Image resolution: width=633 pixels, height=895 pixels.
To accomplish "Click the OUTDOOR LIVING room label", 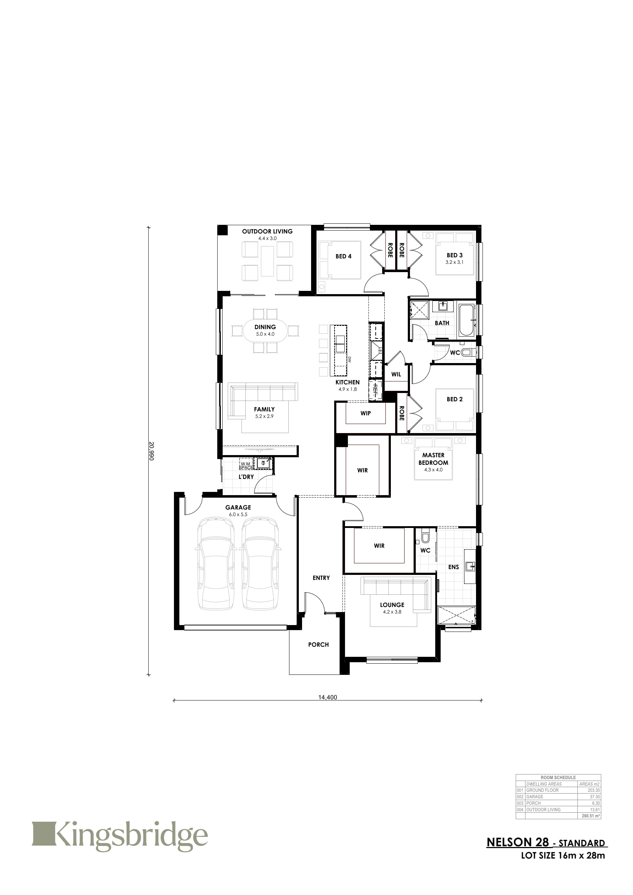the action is pyautogui.click(x=267, y=231).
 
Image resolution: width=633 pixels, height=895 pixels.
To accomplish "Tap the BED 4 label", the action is pyautogui.click(x=344, y=256).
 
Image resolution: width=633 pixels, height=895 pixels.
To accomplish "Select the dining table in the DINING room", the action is pyautogui.click(x=265, y=331).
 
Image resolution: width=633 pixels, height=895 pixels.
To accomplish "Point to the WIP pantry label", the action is pyautogui.click(x=366, y=413).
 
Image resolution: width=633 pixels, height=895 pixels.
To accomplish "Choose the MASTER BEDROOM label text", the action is pyautogui.click(x=433, y=459).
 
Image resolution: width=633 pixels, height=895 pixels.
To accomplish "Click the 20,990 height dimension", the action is pyautogui.click(x=152, y=451).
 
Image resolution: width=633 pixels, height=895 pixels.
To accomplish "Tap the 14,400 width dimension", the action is pyautogui.click(x=327, y=697).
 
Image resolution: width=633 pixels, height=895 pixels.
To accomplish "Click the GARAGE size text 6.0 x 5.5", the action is pyautogui.click(x=238, y=515).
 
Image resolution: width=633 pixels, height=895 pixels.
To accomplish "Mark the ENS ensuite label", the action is pyautogui.click(x=453, y=567).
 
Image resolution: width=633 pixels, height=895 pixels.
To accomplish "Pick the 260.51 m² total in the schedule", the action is pyautogui.click(x=591, y=816).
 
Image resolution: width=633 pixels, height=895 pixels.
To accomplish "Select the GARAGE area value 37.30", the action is pyautogui.click(x=595, y=797).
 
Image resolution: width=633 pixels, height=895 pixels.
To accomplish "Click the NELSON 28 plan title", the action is pyautogui.click(x=518, y=842).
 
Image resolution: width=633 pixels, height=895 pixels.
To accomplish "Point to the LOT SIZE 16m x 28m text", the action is pyautogui.click(x=563, y=856).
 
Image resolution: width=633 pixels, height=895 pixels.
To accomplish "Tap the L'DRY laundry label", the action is pyautogui.click(x=246, y=477).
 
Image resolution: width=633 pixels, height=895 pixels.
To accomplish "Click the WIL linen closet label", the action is pyautogui.click(x=396, y=374).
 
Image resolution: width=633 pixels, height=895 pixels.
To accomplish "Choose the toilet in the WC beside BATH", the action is pyautogui.click(x=467, y=353).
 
